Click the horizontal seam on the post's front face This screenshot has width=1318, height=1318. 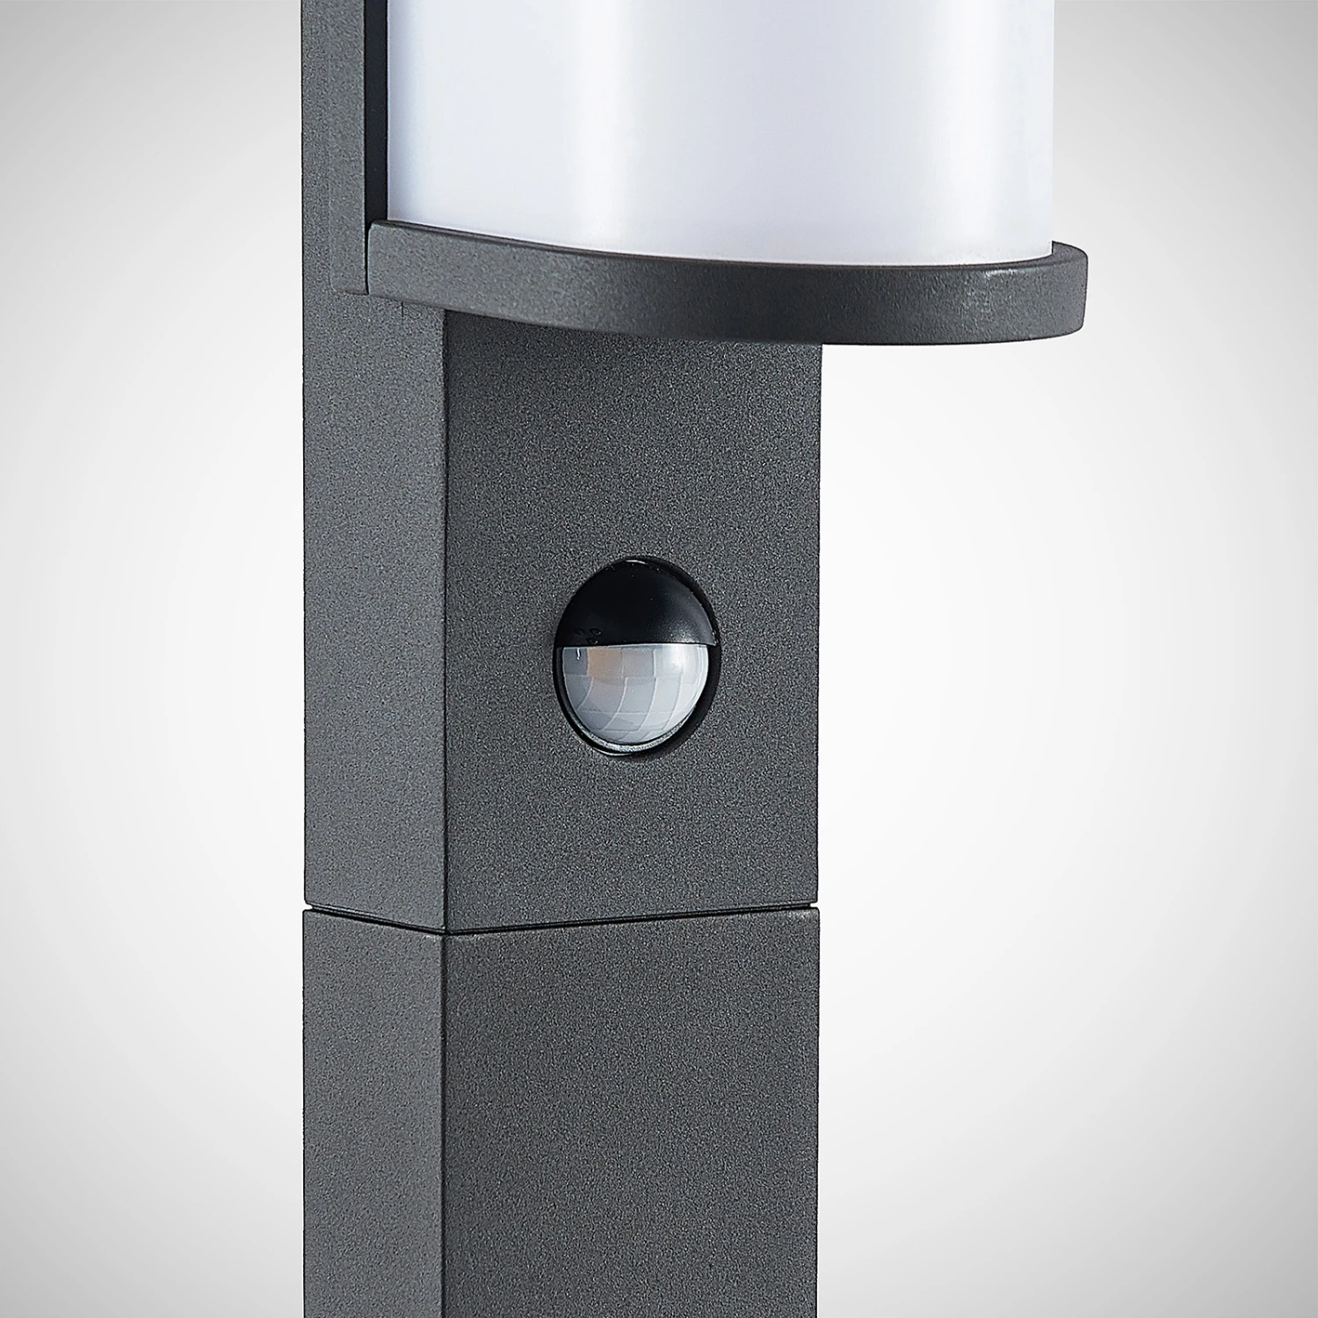[633, 921]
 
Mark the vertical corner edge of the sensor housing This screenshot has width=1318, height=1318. [445, 615]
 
